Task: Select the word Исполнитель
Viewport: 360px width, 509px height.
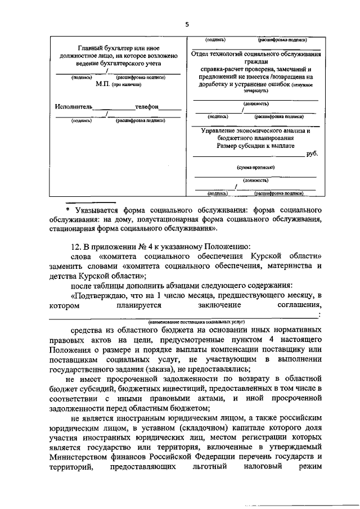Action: [x=74, y=106]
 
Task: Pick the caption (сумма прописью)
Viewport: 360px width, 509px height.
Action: [x=255, y=168]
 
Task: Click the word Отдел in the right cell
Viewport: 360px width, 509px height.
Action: [x=200, y=55]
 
